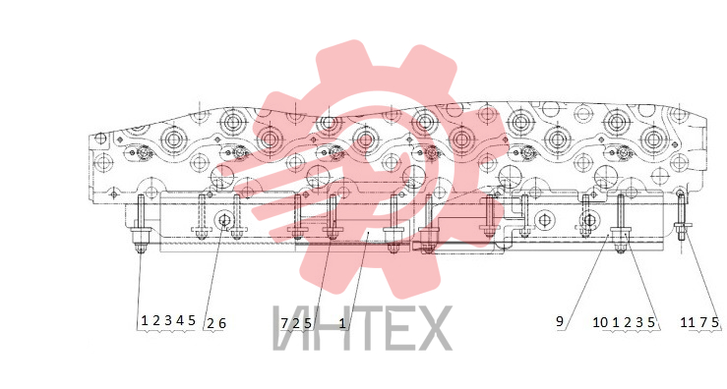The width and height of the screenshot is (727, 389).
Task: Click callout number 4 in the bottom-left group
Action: pyautogui.click(x=180, y=320)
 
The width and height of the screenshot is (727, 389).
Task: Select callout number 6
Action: pyautogui.click(x=222, y=323)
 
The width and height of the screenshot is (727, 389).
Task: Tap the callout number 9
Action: pyautogui.click(x=560, y=321)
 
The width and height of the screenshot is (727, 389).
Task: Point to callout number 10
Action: pyautogui.click(x=600, y=322)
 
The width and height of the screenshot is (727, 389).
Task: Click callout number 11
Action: pyautogui.click(x=687, y=322)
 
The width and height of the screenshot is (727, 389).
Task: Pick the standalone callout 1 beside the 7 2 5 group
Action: pyautogui.click(x=342, y=323)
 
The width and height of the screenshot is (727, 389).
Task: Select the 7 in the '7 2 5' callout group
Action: pyautogui.click(x=284, y=323)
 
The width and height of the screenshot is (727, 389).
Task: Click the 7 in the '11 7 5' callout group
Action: pyautogui.click(x=703, y=322)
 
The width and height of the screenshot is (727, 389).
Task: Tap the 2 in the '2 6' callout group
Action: pyautogui.click(x=210, y=323)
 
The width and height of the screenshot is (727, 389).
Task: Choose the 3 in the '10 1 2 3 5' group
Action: pyautogui.click(x=639, y=322)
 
